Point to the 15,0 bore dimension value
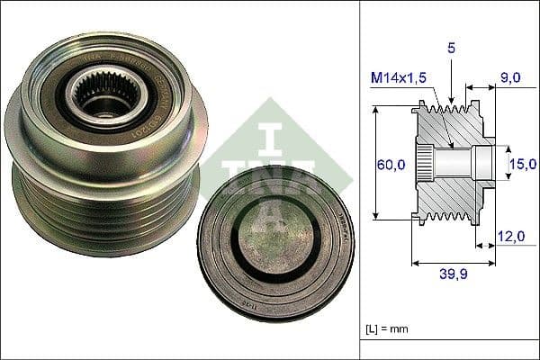(x=523, y=164)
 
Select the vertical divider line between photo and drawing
(x=359, y=180)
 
